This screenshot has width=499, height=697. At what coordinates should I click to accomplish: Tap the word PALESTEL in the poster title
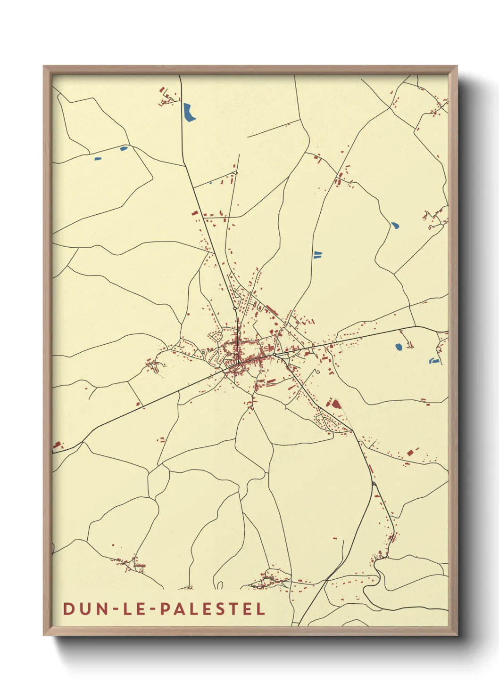coord(213,608)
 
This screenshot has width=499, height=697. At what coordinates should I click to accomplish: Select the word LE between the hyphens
coord(131,608)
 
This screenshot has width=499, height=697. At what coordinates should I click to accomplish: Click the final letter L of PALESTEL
coord(261,608)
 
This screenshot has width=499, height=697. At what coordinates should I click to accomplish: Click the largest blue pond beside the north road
coord(189,112)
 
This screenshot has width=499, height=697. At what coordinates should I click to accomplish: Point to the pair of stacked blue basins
coord(317,255)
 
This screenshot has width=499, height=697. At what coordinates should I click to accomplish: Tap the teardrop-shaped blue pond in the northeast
coord(395,225)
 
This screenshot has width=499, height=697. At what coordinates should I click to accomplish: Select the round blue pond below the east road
coord(399,347)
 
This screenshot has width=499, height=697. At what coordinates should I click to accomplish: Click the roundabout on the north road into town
coord(235,308)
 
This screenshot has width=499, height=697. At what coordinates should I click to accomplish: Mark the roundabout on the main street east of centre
coord(274,354)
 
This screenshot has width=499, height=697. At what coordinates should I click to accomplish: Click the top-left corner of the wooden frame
coord(44,66)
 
